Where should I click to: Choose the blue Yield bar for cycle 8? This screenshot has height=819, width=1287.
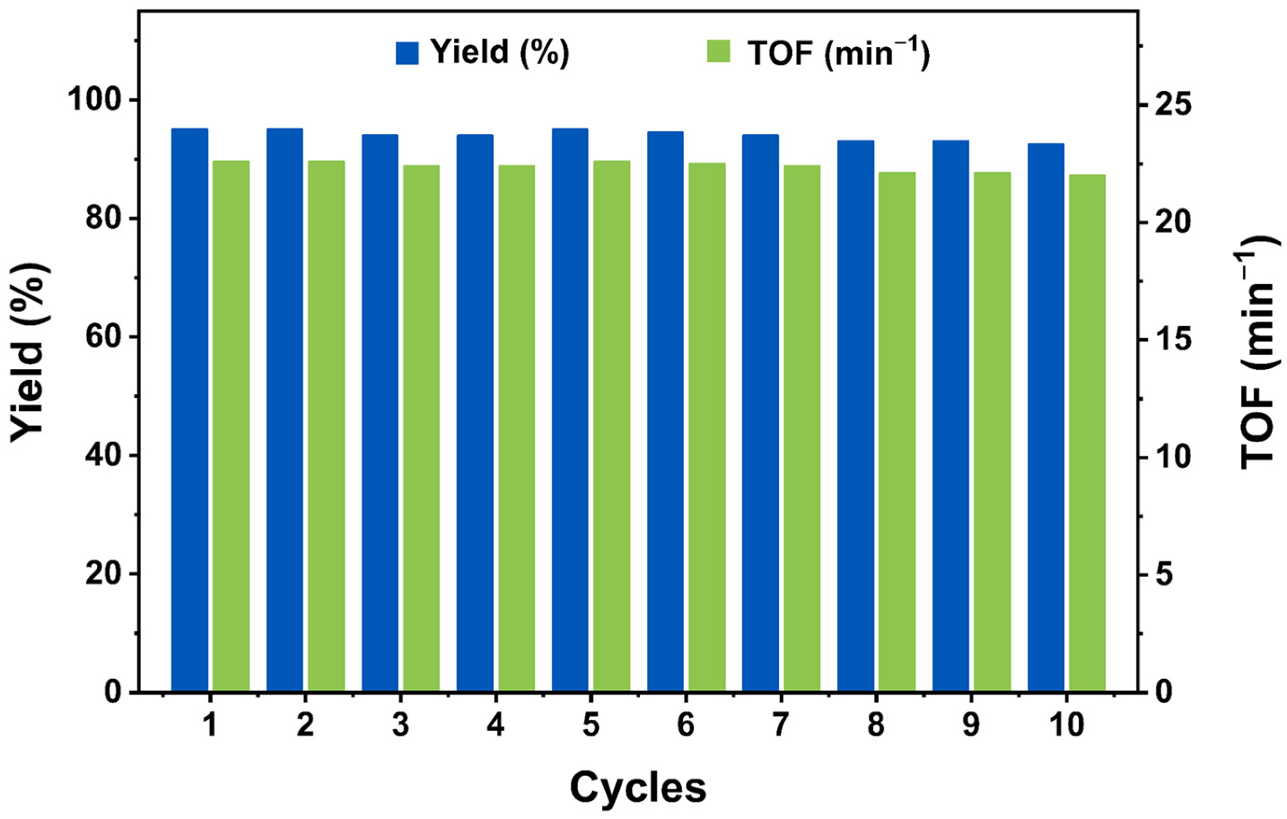pyautogui.click(x=855, y=416)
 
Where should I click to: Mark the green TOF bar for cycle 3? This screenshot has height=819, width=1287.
pyautogui.click(x=421, y=429)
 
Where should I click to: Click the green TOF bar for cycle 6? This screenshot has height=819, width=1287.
pyautogui.click(x=706, y=428)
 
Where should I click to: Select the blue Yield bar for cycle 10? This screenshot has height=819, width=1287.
pyautogui.click(x=1045, y=418)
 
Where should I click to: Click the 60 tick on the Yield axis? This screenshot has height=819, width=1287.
pyautogui.click(x=107, y=337)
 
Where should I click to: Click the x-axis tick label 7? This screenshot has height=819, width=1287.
pyautogui.click(x=780, y=725)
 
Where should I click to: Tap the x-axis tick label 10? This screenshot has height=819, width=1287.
pyautogui.click(x=1066, y=725)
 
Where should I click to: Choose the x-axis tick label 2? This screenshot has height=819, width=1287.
pyautogui.click(x=305, y=725)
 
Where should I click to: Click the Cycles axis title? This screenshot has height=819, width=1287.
pyautogui.click(x=638, y=786)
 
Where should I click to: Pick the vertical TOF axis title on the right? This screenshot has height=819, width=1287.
pyautogui.click(x=1259, y=353)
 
